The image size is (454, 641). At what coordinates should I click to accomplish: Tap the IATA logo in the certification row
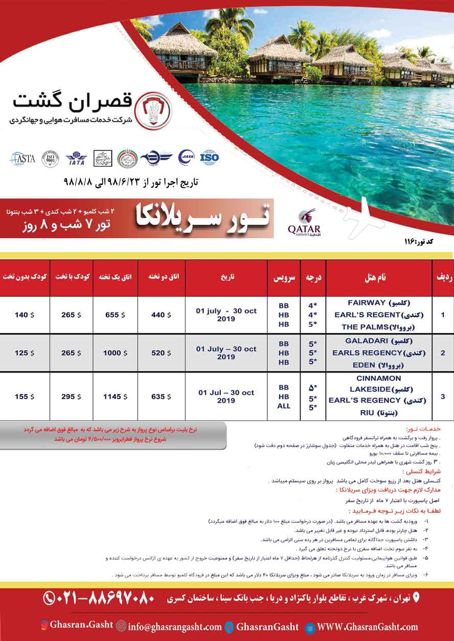coord(76,158)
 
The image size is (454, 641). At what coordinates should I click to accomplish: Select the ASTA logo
coord(22,159)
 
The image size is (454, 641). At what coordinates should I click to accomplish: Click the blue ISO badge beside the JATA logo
coord(209,157)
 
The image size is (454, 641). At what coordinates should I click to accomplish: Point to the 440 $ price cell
coord(159,315)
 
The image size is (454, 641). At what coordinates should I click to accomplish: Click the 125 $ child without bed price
coord(24,353)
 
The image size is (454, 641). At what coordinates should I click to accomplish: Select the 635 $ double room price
coord(159,397)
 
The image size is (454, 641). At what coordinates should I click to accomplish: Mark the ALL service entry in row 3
coord(284,406)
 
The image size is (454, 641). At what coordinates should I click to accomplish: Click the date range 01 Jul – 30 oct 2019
coord(226,397)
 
